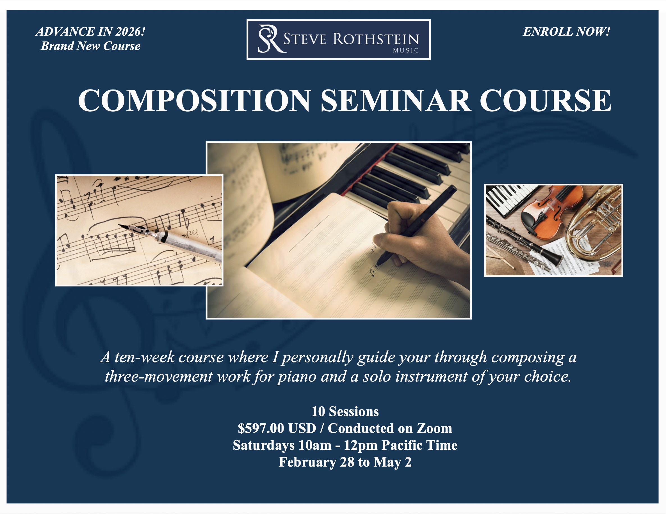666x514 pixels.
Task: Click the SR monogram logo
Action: tap(269, 39)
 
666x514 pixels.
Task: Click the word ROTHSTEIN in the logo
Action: tap(376, 39)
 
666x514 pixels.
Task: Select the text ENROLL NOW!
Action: tap(566, 32)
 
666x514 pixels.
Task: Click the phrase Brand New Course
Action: tap(91, 46)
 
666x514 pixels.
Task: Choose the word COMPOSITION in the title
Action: tap(195, 100)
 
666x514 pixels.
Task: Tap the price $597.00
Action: tap(261, 428)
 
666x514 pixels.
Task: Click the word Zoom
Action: tap(434, 428)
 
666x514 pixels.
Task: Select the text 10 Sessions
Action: tap(345, 412)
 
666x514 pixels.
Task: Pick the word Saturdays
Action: tap(263, 445)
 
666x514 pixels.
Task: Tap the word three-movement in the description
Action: tap(159, 377)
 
